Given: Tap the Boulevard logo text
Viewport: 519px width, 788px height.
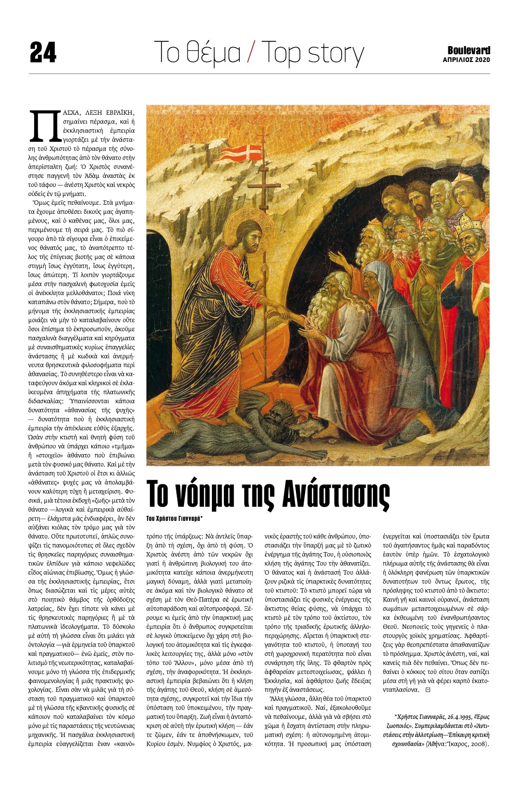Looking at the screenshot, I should pyautogui.click(x=469, y=50).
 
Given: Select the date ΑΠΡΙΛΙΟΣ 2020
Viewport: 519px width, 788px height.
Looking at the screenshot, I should pyautogui.click(x=466, y=60).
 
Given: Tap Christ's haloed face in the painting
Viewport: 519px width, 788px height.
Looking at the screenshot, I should pyautogui.click(x=249, y=238).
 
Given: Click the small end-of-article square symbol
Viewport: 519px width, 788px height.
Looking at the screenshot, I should pyautogui.click(x=428, y=690).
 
